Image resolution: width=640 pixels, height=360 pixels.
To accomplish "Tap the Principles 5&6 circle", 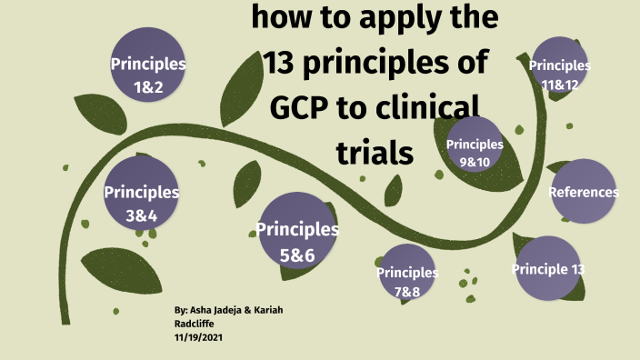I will click(296, 241).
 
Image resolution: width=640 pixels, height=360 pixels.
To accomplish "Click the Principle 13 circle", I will click(547, 269).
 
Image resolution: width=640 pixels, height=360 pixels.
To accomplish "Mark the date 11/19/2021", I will click(198, 336).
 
